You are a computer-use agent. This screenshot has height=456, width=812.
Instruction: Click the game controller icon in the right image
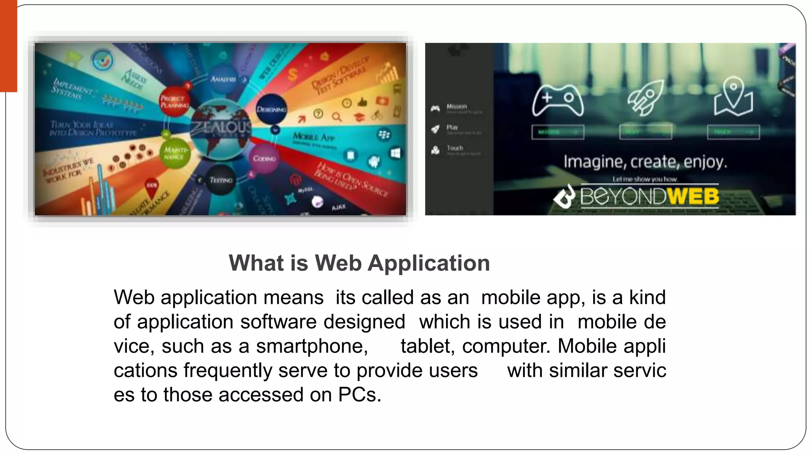557,100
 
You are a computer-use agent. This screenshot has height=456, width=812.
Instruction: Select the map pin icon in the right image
733,97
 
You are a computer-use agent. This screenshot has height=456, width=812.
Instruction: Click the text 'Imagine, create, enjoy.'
645,161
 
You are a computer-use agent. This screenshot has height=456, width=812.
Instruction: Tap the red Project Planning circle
174,102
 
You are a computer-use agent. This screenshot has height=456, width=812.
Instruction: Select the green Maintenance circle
175,153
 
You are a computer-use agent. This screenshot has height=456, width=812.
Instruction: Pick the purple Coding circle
264,158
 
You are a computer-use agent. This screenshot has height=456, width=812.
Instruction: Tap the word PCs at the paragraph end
359,395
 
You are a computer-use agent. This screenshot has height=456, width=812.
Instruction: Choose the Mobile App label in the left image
314,137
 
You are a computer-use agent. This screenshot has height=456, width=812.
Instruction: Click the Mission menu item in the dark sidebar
456,106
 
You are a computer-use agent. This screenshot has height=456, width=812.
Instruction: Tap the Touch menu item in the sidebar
455,148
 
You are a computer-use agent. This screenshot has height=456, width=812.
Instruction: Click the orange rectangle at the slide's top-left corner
8,46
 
